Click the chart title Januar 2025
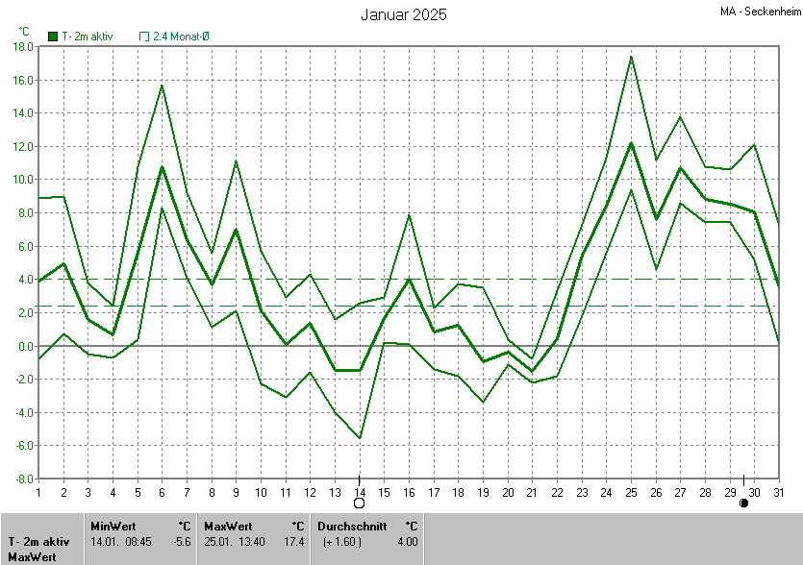coord(404,14)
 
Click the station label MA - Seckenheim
coord(759,12)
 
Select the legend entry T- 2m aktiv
coord(81,36)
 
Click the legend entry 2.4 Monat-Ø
coord(175,36)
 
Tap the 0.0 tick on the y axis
coord(26,346)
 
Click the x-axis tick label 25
coord(631,493)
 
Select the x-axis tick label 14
coord(360,493)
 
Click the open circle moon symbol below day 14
coord(360,503)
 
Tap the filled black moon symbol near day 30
coord(743,503)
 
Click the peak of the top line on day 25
coord(631,56)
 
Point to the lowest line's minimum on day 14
coord(360,438)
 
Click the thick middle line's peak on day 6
coord(162,166)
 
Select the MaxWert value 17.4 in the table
coord(294,542)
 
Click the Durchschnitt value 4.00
coord(407,542)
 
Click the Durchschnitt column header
coord(352,526)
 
